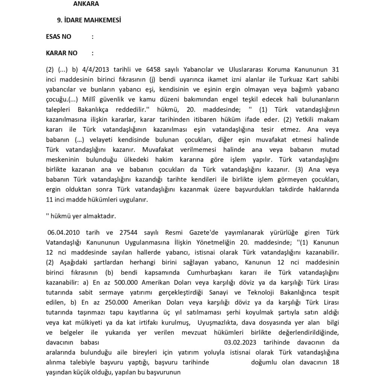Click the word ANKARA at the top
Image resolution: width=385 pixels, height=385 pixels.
86,4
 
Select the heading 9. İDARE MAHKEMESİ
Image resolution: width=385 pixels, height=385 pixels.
89,20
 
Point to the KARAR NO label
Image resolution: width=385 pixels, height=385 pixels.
62,53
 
